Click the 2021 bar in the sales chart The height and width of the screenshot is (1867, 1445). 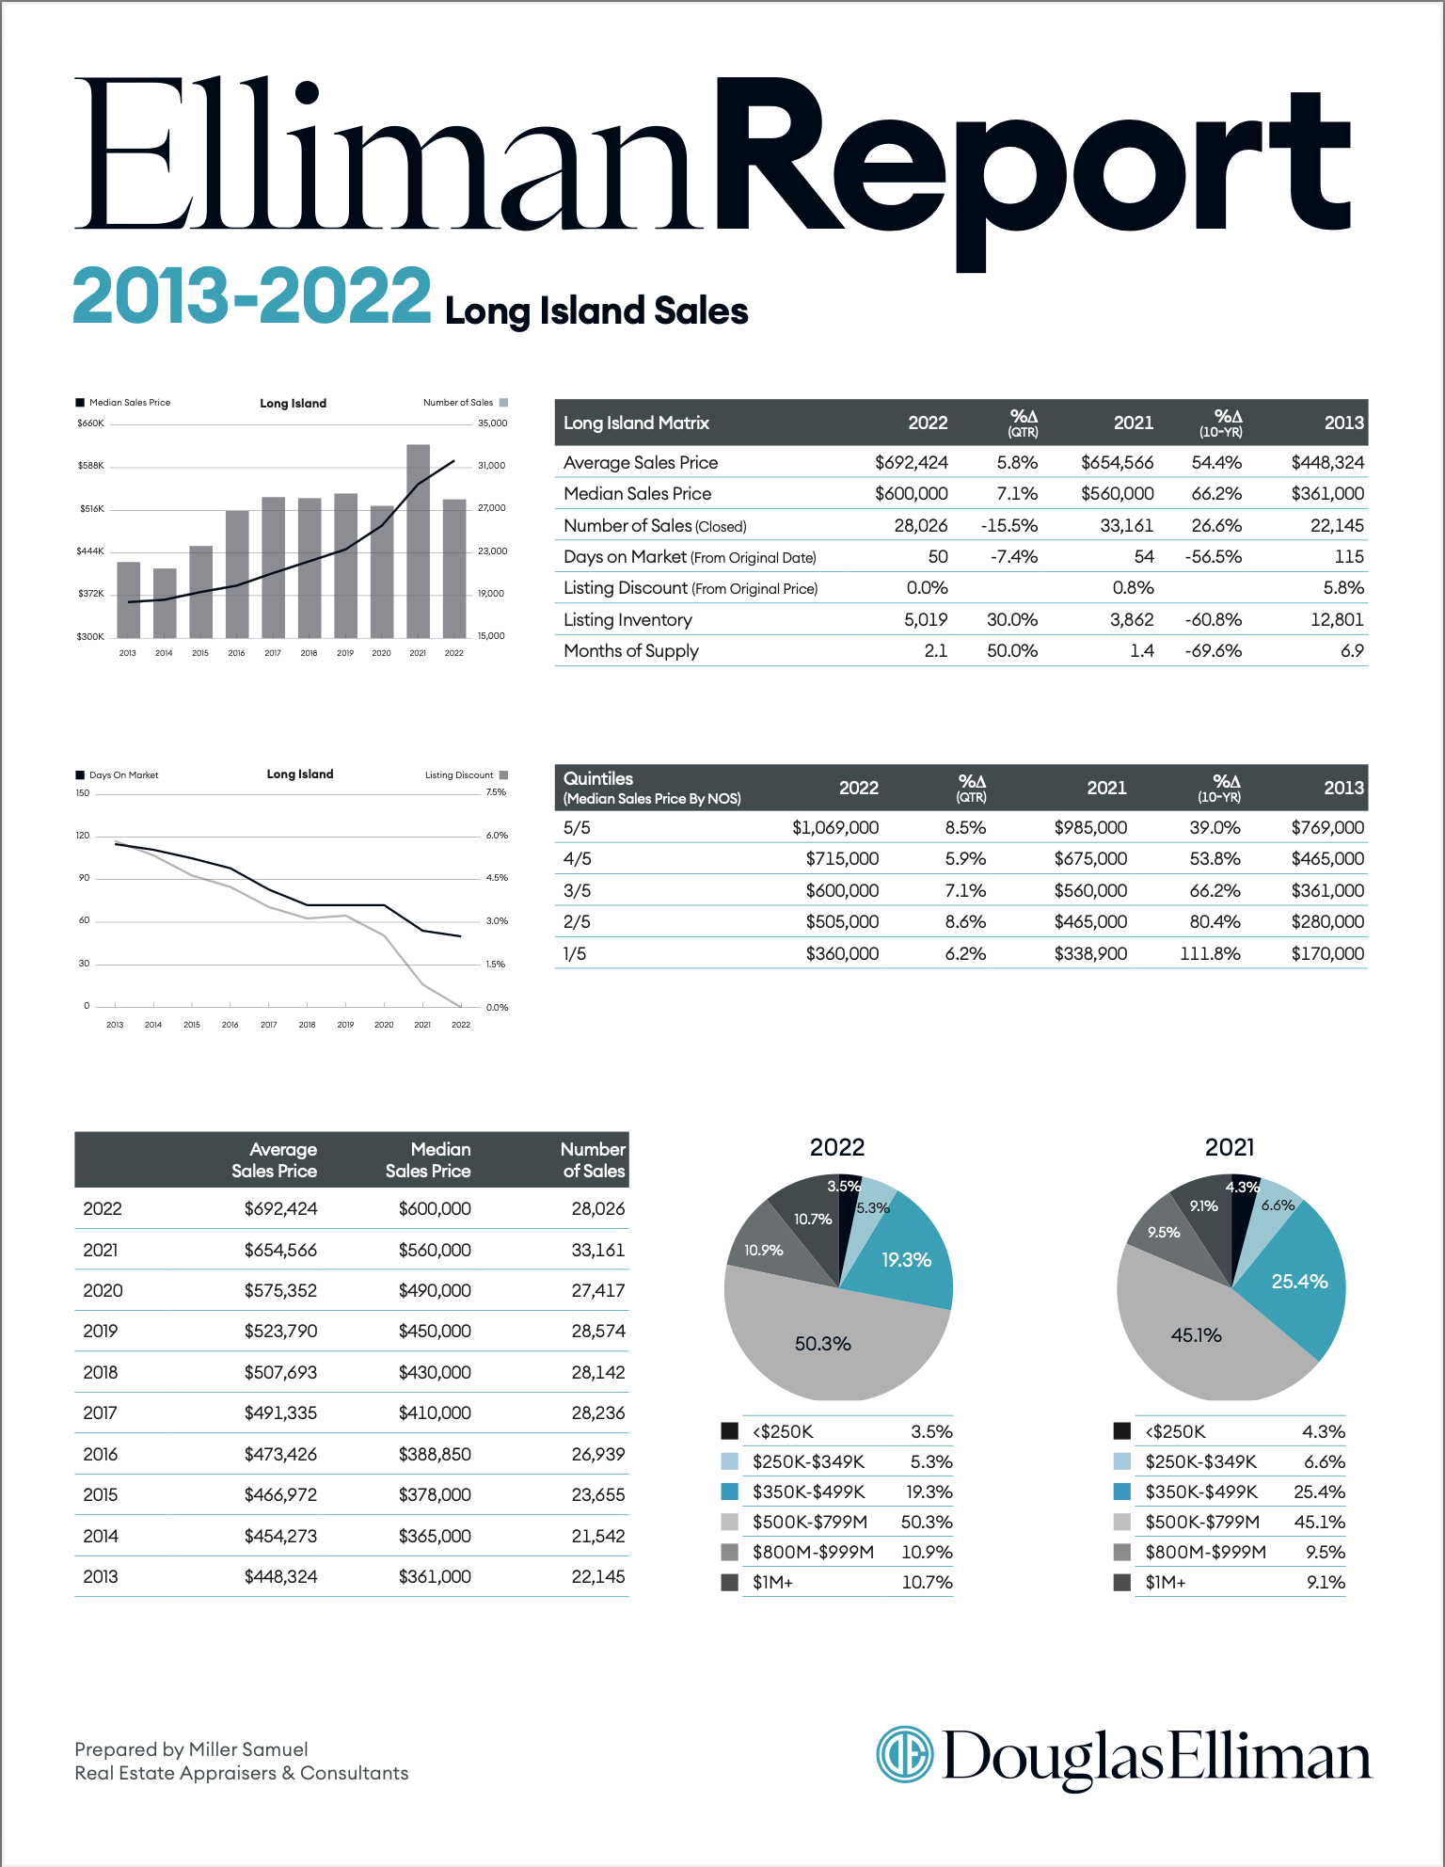[x=418, y=541]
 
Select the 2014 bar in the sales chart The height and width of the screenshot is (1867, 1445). [x=165, y=603]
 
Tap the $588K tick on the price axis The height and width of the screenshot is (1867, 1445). [x=91, y=466]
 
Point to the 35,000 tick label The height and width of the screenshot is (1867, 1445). [x=492, y=423]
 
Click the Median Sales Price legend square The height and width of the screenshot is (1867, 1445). [x=80, y=403]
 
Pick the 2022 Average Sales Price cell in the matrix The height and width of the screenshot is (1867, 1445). [x=911, y=462]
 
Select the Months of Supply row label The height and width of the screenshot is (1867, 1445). [x=631, y=651]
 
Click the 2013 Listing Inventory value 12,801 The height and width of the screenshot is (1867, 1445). [x=1337, y=619]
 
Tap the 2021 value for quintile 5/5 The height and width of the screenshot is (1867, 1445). [x=1090, y=828]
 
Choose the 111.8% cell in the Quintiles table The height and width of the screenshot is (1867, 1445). [x=1210, y=954]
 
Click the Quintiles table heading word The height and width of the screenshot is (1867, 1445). [x=598, y=778]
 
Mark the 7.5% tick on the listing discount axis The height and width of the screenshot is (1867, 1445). [x=496, y=792]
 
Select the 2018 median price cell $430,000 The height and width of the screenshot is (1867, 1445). [x=435, y=1373]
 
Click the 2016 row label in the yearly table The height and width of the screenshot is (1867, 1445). [x=101, y=1455]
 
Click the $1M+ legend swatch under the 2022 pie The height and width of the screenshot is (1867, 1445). [x=729, y=1583]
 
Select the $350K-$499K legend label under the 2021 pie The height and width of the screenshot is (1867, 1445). [x=1201, y=1492]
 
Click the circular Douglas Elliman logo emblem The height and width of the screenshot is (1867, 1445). [x=905, y=1755]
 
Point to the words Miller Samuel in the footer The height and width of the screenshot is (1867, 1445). [x=248, y=1749]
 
